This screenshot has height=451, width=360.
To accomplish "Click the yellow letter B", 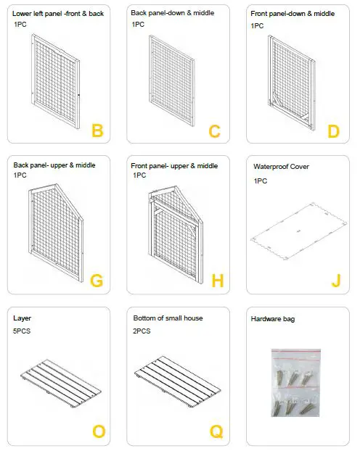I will point(97,131).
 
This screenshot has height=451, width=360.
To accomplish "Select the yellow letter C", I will point(214,131).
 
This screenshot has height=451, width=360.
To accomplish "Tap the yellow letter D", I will point(333,131).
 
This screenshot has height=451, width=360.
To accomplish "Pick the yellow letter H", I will point(216,281).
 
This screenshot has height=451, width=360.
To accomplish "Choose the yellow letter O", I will point(98,432).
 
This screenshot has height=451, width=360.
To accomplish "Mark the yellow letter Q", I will point(216,432).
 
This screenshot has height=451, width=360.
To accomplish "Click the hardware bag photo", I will point(295,384).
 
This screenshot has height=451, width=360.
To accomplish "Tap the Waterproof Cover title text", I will point(281,166).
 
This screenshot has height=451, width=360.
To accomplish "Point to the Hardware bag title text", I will point(273,319).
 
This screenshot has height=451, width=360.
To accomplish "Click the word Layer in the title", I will point(22,318).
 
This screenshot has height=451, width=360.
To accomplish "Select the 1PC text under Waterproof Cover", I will point(261,181).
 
